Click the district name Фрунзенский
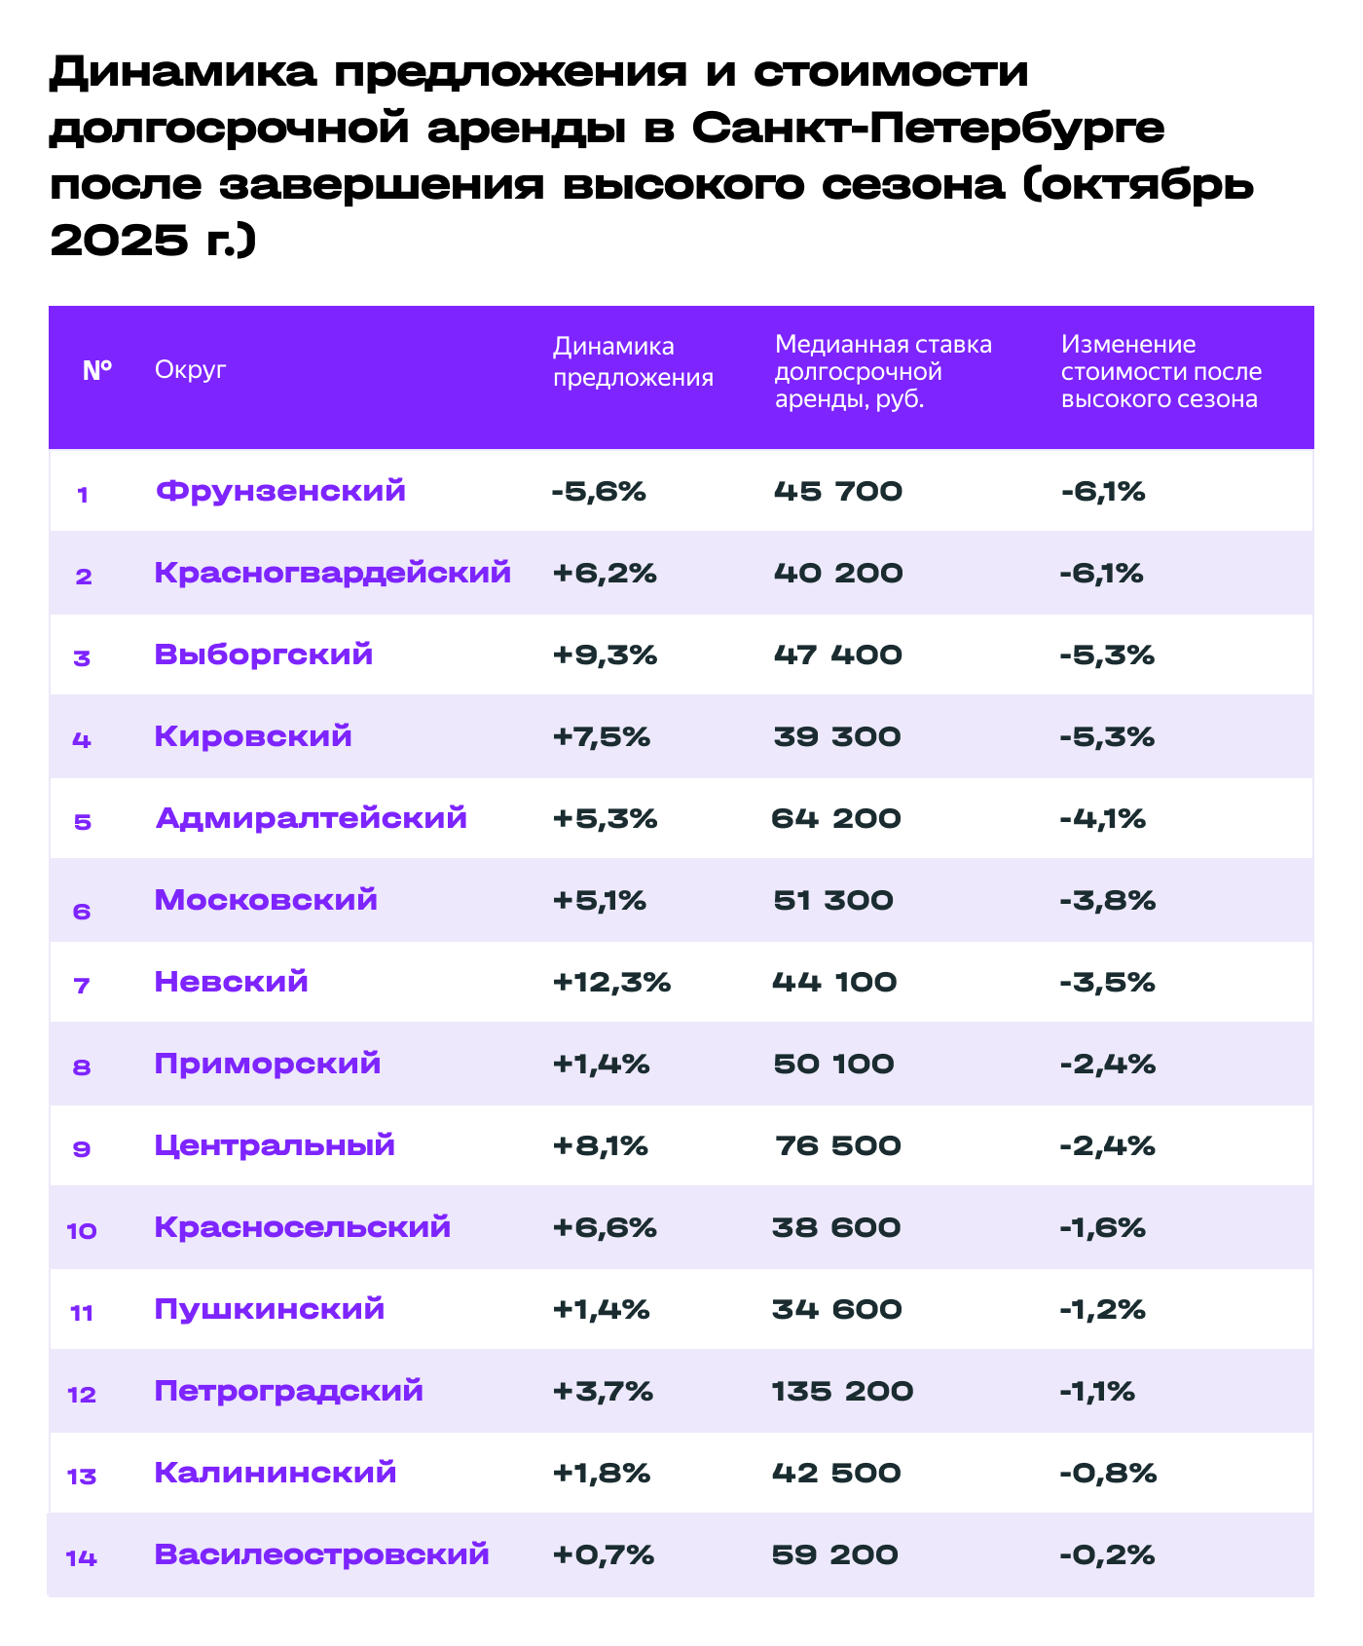point(280,491)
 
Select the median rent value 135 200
point(842,1391)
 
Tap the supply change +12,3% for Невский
point(611,982)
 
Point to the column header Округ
point(190,370)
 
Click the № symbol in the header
point(97,370)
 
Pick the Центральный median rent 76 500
point(838,1145)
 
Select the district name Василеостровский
point(321,1554)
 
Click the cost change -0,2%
point(1107,1554)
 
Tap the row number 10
point(82,1231)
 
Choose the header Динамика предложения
point(633,362)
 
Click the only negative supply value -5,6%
point(598,491)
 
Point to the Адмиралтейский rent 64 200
point(836,818)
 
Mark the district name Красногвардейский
point(332,573)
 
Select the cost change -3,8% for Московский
point(1107,900)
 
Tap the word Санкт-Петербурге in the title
point(929,129)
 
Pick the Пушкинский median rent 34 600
point(836,1309)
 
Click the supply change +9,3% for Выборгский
point(605,655)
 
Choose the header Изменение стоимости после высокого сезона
point(1160,371)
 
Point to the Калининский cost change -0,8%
point(1108,1473)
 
